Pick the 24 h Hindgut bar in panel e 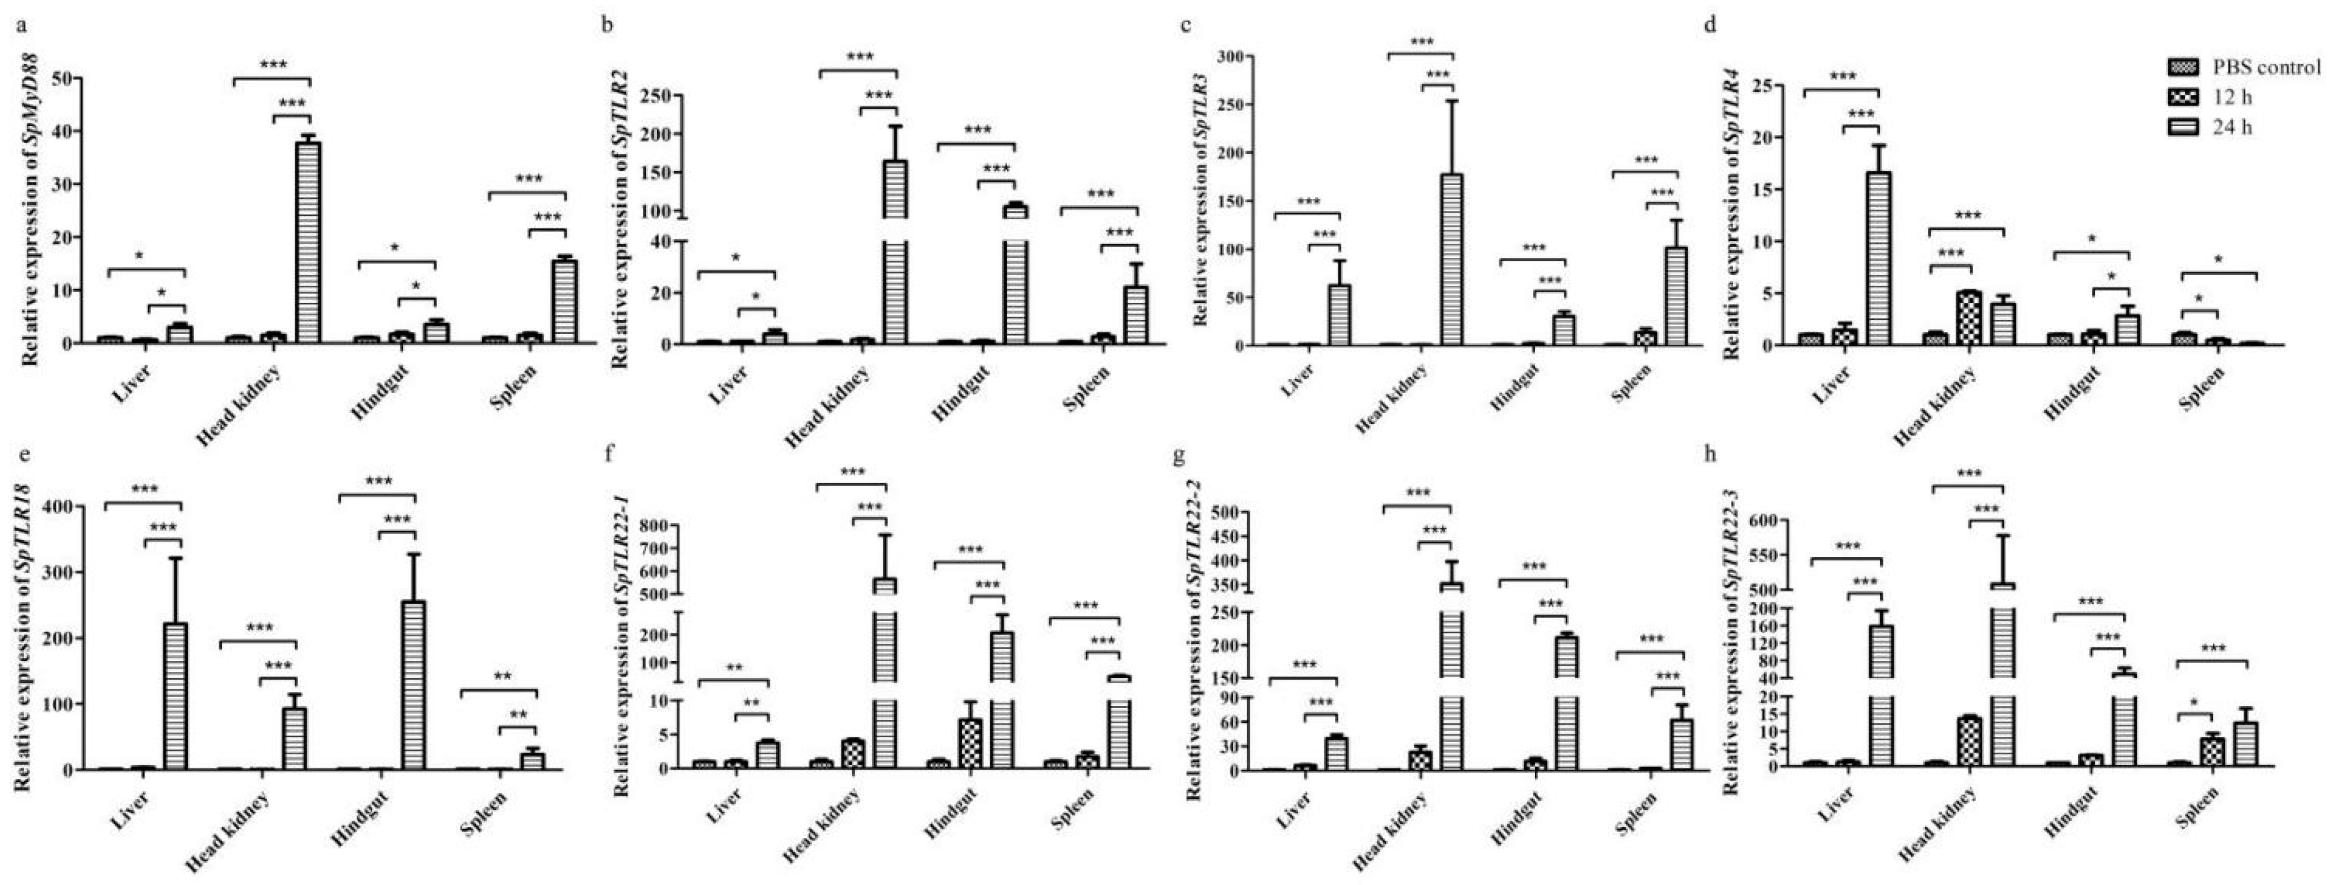[413, 684]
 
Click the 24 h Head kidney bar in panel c [1451, 259]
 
